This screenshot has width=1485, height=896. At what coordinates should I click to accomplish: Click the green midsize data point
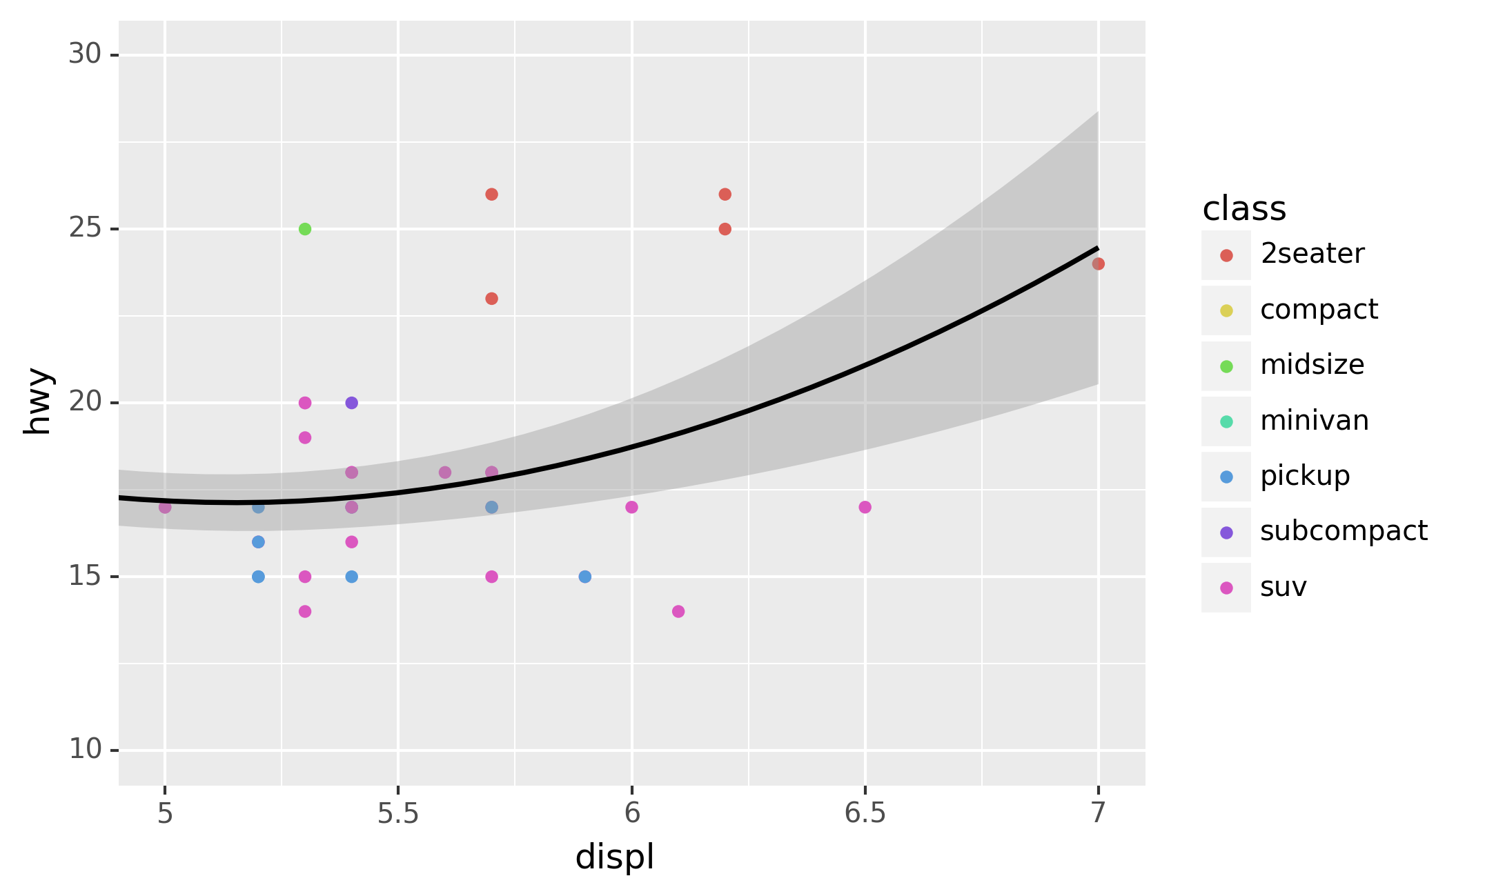[305, 229]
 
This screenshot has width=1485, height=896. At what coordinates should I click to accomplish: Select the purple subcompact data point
[352, 403]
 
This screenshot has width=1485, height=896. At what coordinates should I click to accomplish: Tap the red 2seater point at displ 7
[1099, 263]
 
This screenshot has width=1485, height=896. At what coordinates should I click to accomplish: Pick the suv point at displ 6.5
[865, 507]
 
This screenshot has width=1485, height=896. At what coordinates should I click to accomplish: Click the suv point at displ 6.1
[678, 611]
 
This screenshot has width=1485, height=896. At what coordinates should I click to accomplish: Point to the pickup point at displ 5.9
[585, 577]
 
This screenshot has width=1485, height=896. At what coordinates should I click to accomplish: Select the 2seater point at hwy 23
[492, 299]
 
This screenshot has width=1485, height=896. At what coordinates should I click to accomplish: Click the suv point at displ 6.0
[631, 507]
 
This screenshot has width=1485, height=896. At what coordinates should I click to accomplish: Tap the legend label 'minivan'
[1314, 421]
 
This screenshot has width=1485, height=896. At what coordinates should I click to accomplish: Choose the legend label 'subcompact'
[1344, 531]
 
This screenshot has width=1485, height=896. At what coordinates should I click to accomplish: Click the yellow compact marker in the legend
[1226, 310]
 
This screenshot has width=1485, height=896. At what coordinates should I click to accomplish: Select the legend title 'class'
[1244, 208]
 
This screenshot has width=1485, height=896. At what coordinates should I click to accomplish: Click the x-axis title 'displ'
[614, 857]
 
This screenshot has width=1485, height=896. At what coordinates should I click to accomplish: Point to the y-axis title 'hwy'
[37, 401]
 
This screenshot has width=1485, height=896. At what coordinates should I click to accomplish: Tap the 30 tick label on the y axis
[85, 54]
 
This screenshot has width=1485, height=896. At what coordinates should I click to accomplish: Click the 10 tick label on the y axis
[85, 749]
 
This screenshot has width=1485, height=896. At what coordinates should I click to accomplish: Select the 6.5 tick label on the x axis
[865, 814]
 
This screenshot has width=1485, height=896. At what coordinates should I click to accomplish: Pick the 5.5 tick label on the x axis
[398, 814]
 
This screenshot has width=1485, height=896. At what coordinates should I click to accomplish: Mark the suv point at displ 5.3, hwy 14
[305, 611]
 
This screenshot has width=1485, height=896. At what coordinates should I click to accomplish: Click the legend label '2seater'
[1312, 254]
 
